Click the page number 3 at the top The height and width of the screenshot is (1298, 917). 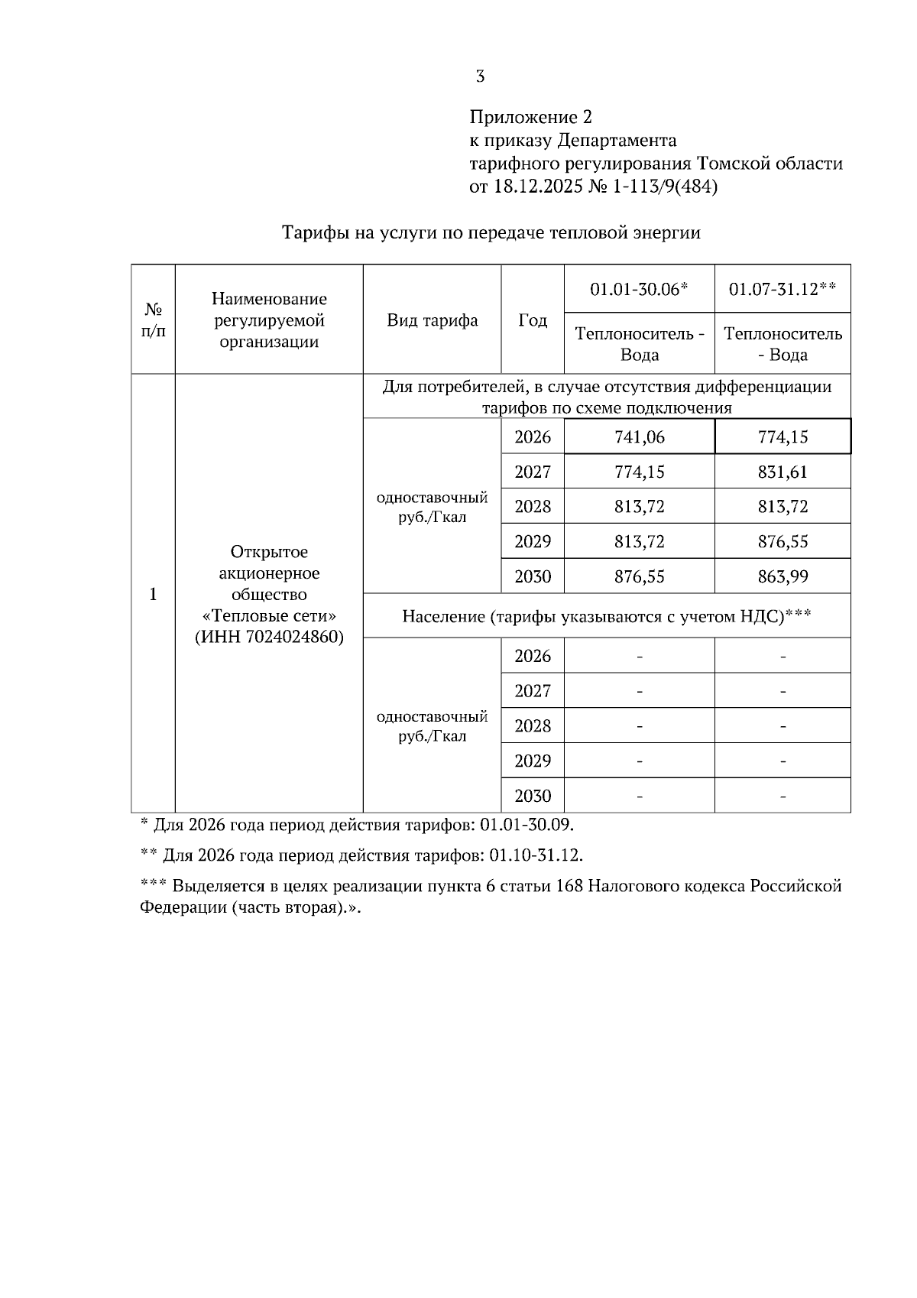tap(480, 76)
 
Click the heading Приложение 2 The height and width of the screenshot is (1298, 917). tap(530, 117)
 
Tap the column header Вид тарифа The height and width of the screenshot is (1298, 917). tap(432, 320)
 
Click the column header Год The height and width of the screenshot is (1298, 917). tap(533, 320)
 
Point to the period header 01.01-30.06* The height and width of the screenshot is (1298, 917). tap(639, 289)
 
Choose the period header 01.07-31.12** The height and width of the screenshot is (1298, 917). tap(783, 289)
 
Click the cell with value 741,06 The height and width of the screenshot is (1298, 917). tap(639, 437)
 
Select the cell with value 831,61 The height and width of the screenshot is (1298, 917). tap(783, 472)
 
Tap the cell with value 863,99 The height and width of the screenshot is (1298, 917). tap(783, 576)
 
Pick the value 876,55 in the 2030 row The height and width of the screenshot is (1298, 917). tap(639, 576)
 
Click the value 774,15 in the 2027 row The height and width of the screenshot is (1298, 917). tap(639, 472)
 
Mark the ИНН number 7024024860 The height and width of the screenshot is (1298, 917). tap(295, 637)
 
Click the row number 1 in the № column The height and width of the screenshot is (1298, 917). tap(153, 594)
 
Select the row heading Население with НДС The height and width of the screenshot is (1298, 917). tap(606, 616)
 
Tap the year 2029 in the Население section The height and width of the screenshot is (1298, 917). tap(533, 761)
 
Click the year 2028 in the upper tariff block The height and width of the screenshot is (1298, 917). tap(533, 507)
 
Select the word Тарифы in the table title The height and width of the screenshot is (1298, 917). tap(313, 233)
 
